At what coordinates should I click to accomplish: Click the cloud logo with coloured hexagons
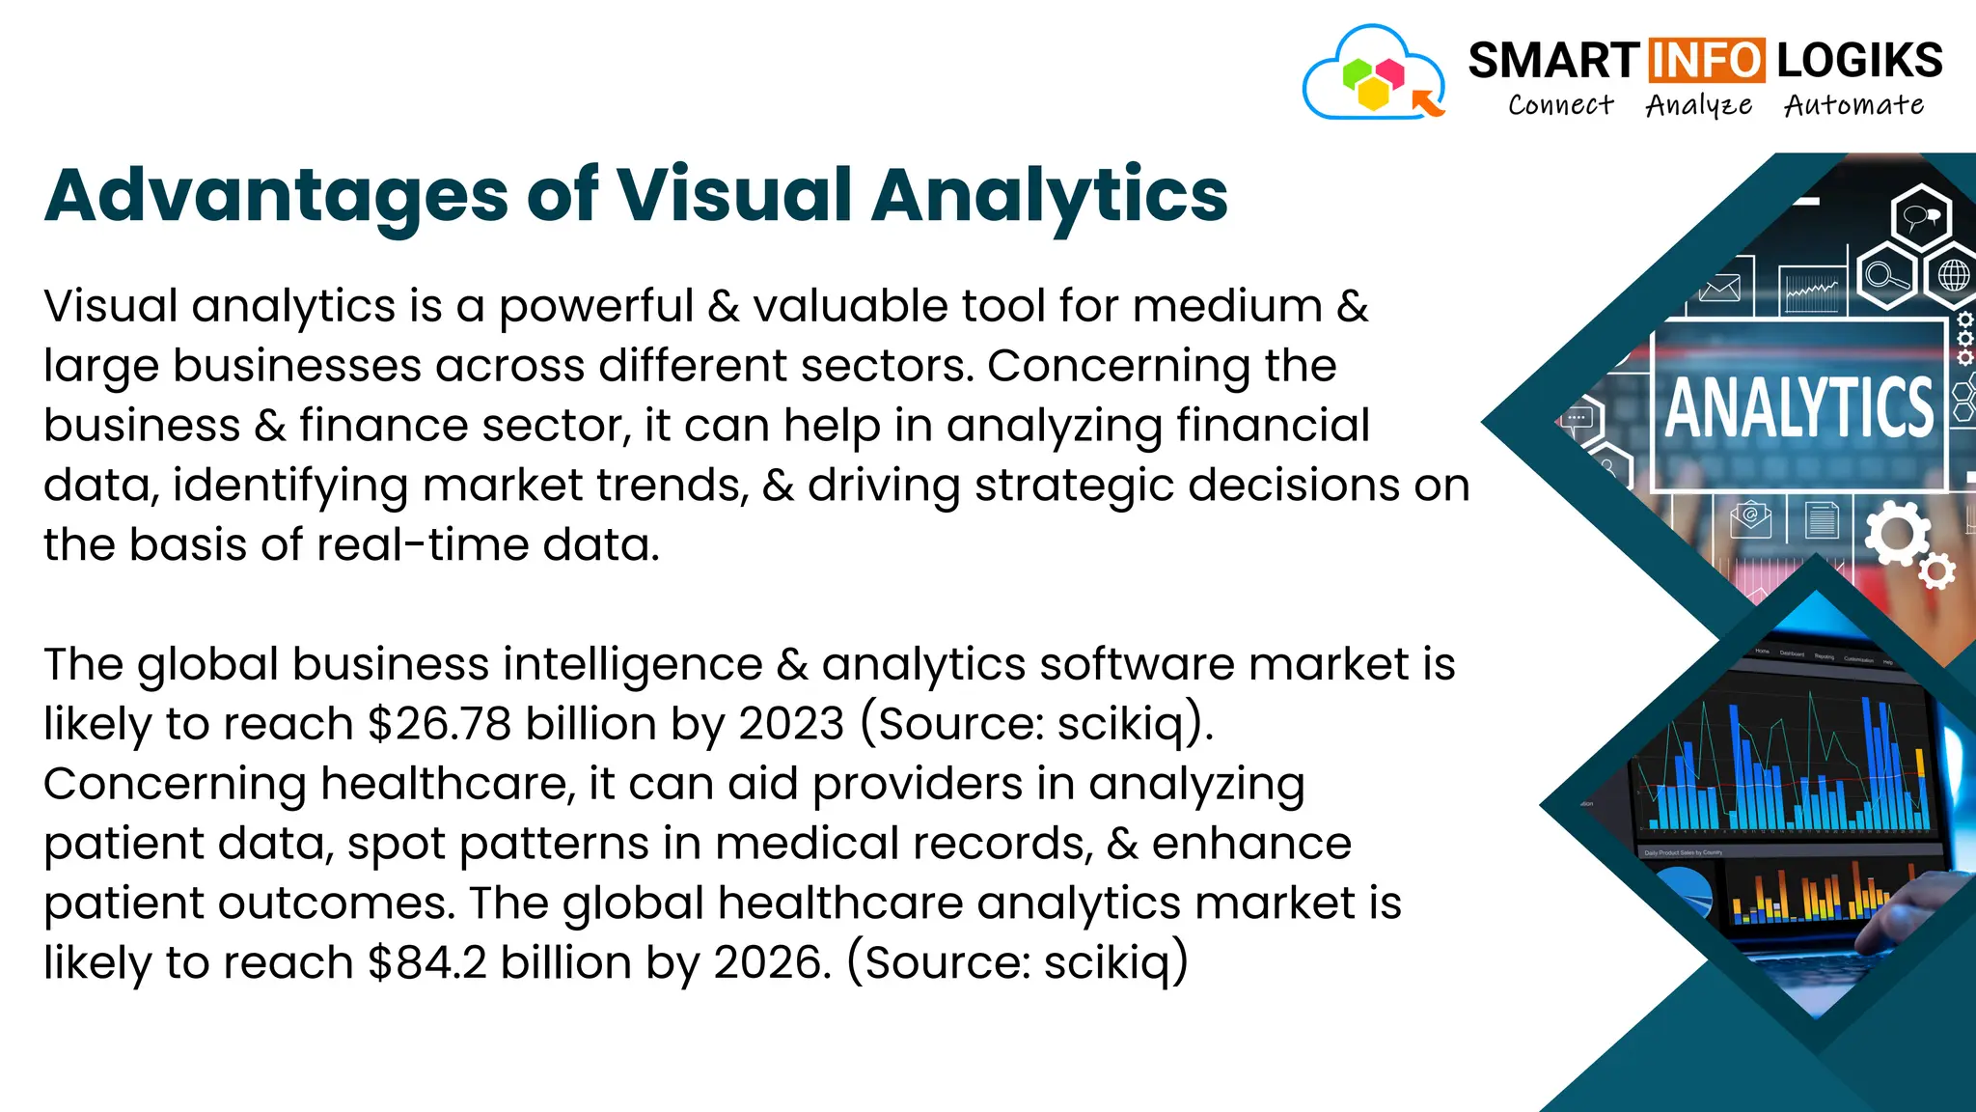1373,75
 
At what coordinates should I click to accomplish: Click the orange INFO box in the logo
1706,61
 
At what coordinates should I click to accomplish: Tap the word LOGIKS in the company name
1859,61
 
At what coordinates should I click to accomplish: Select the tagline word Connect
1560,104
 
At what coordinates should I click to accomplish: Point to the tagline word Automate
1853,104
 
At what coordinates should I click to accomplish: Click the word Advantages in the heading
276,196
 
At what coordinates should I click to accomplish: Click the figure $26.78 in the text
439,724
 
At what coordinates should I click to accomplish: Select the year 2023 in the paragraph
791,724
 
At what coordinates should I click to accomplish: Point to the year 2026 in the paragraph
771,962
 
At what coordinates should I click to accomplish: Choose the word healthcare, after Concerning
448,784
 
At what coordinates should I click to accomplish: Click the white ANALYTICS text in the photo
1799,408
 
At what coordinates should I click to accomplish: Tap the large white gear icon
1896,534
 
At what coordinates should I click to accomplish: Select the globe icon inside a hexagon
1953,276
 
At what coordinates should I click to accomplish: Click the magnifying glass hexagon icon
1885,276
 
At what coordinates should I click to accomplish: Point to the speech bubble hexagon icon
1921,216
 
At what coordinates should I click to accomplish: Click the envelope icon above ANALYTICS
1719,289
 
